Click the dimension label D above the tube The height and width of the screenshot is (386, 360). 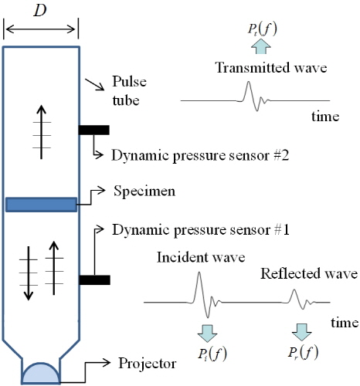(x=40, y=11)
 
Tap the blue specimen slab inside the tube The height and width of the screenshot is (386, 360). (x=41, y=205)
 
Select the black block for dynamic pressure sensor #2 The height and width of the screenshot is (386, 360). (x=94, y=130)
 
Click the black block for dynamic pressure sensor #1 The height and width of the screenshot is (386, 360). (x=94, y=280)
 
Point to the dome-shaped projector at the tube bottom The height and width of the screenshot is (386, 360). (x=41, y=373)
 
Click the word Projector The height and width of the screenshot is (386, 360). (x=148, y=364)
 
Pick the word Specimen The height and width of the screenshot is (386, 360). (x=144, y=191)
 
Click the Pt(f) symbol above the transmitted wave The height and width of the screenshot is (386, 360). (x=263, y=29)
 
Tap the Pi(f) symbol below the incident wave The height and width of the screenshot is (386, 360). (x=212, y=354)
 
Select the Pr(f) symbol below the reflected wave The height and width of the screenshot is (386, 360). (x=303, y=352)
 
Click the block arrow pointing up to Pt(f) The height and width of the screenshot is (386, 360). (x=261, y=46)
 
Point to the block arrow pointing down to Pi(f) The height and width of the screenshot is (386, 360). (x=208, y=334)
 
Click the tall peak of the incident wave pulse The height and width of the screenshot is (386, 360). (x=199, y=273)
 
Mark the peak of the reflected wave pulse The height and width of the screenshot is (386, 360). (x=294, y=289)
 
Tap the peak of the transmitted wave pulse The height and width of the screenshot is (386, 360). (x=249, y=82)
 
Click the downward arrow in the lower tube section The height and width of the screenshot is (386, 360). (x=29, y=273)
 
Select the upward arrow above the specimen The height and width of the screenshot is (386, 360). (x=41, y=132)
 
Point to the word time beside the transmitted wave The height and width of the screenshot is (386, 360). (x=325, y=117)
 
